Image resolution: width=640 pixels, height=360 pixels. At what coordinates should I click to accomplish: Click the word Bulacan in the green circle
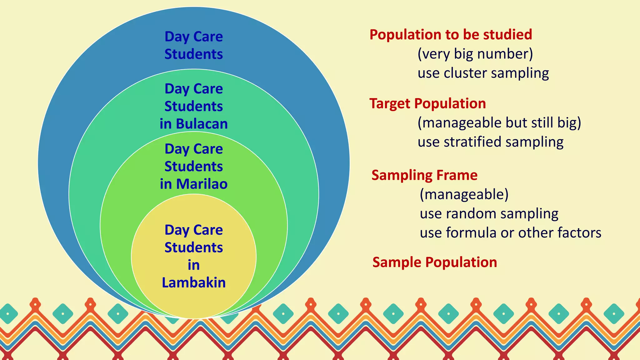coord(202,124)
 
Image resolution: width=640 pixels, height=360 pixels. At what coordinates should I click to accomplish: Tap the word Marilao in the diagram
coord(202,184)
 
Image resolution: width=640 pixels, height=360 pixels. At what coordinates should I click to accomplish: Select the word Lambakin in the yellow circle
coord(194,282)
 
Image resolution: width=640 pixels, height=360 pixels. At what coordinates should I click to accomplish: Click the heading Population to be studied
coord(451,34)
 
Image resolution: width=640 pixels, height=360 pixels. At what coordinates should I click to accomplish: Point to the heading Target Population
coord(427,103)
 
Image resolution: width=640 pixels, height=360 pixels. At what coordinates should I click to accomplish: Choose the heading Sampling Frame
coord(424,175)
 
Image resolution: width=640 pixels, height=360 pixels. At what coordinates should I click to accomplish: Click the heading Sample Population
coord(434,262)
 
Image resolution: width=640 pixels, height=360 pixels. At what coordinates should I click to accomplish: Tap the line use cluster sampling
coord(483,73)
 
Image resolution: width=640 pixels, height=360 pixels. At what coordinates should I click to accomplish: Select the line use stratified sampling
coord(491,142)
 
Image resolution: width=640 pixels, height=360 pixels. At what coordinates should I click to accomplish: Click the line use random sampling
coord(489,214)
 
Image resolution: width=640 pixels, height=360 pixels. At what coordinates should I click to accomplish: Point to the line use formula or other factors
coord(510,233)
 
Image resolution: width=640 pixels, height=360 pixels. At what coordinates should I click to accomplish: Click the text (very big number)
coord(475,54)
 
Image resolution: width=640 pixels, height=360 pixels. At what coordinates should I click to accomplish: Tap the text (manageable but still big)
coord(499,122)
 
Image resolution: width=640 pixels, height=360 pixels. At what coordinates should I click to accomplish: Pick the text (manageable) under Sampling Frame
coord(464,194)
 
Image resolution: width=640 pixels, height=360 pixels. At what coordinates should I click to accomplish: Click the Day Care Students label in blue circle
coord(194,45)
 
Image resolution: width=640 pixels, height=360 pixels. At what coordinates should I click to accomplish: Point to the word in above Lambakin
coord(194,265)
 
